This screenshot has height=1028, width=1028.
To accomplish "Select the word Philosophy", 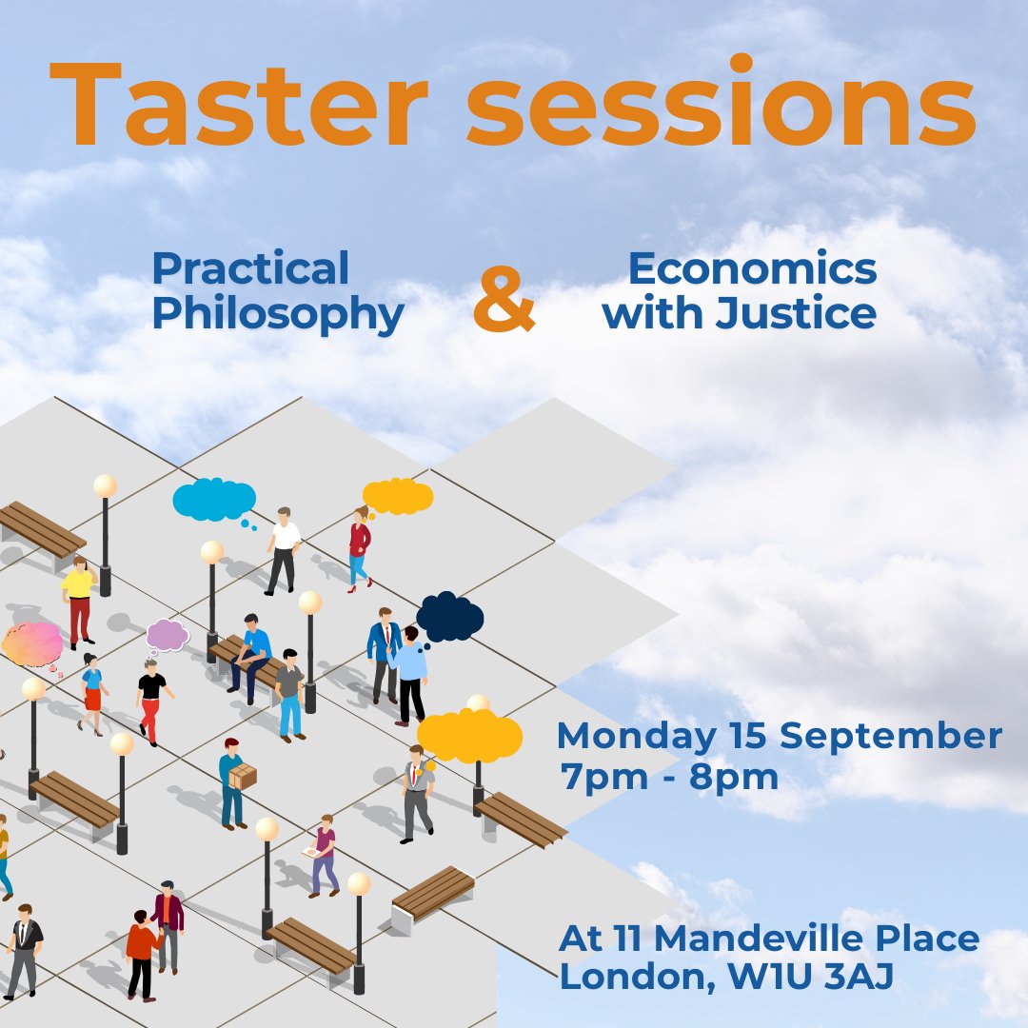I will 278,315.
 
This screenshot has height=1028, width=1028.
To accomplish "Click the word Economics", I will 752,270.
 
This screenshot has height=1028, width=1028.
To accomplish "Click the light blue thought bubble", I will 214,501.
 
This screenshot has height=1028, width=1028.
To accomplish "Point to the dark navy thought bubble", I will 449,616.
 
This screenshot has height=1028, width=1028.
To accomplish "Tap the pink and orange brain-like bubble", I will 31,644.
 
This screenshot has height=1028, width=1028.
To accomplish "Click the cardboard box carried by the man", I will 243,776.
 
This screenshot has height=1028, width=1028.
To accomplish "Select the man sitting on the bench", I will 250,653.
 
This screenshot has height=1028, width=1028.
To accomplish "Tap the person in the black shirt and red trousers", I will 150,701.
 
